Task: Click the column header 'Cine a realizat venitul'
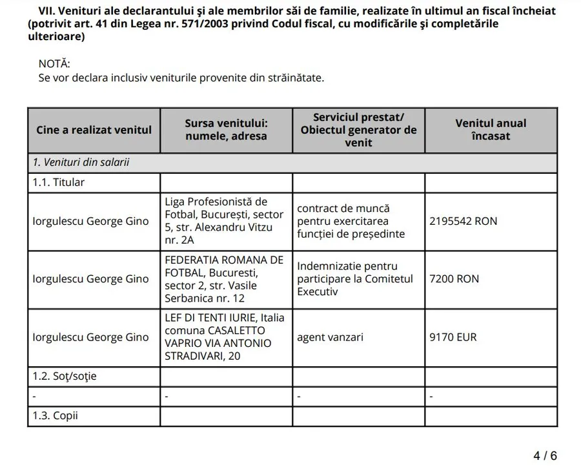click(94, 130)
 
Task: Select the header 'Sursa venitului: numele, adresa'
click(226, 130)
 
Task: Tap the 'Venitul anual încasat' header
click(491, 130)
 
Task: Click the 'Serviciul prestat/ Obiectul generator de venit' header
click(358, 130)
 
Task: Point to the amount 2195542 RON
click(464, 221)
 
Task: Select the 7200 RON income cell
click(454, 279)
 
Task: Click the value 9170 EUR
click(453, 337)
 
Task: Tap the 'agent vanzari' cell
click(330, 337)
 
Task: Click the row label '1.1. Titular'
click(59, 182)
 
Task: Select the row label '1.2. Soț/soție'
click(65, 376)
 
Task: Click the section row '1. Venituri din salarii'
click(81, 162)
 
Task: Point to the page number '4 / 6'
click(545, 455)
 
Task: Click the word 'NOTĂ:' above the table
click(54, 64)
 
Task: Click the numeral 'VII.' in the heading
click(45, 12)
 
